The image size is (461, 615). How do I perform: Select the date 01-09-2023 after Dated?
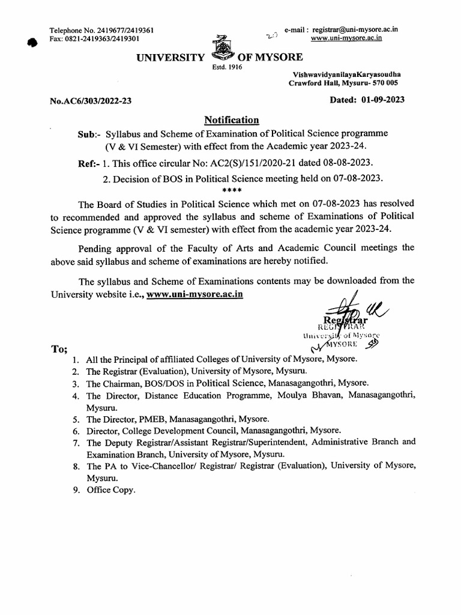point(383,100)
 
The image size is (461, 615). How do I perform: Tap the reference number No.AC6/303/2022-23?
point(91,101)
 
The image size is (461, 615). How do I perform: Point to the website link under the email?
point(347,38)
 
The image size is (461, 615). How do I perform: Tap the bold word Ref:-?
point(89,163)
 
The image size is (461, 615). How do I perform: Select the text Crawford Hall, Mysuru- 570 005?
point(346,83)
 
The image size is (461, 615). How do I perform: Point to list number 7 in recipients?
point(75,442)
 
